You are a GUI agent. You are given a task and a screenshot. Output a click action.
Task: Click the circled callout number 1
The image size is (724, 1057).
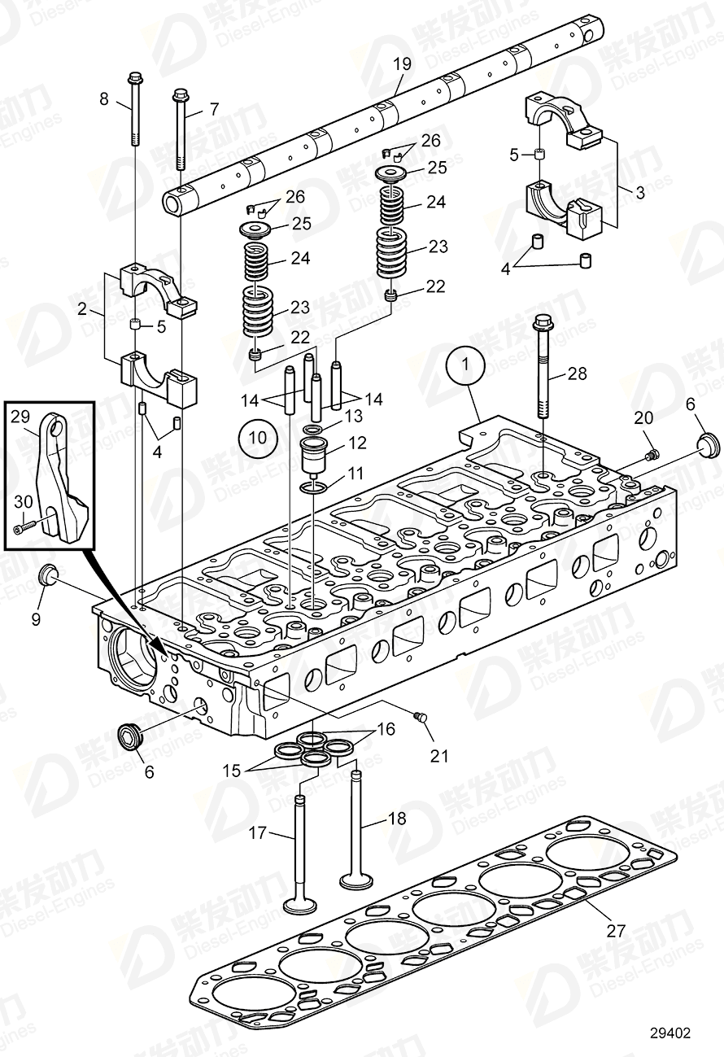pyautogui.click(x=465, y=367)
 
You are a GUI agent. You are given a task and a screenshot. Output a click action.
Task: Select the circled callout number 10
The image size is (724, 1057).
pyautogui.click(x=258, y=437)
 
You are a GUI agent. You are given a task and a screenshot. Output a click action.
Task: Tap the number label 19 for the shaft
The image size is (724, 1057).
pyautogui.click(x=402, y=64)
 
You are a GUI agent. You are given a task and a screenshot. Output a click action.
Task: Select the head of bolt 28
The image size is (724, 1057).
pyautogui.click(x=543, y=325)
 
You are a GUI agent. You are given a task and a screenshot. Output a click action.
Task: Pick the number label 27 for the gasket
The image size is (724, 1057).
pyautogui.click(x=616, y=931)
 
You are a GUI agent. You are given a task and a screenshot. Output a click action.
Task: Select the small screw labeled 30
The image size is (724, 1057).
pyautogui.click(x=25, y=530)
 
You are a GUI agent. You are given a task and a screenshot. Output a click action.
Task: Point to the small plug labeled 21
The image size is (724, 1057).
pyautogui.click(x=420, y=717)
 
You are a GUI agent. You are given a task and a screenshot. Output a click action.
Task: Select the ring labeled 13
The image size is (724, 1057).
pyautogui.click(x=313, y=429)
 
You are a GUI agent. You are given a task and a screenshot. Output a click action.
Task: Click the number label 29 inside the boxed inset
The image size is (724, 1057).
pyautogui.click(x=20, y=417)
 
